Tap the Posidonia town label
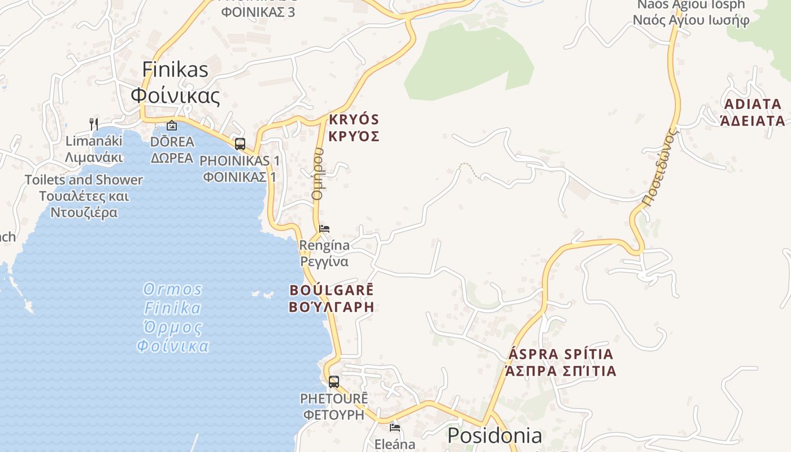tap(494, 436)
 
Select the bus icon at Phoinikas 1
tap(240, 144)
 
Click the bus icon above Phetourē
tap(334, 381)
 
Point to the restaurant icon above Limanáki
tap(94, 124)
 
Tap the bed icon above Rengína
tap(324, 229)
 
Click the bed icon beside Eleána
tap(395, 428)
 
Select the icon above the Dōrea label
tap(172, 125)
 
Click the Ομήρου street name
tap(318, 173)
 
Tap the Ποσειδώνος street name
tap(659, 168)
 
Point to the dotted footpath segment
tap(470, 169)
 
